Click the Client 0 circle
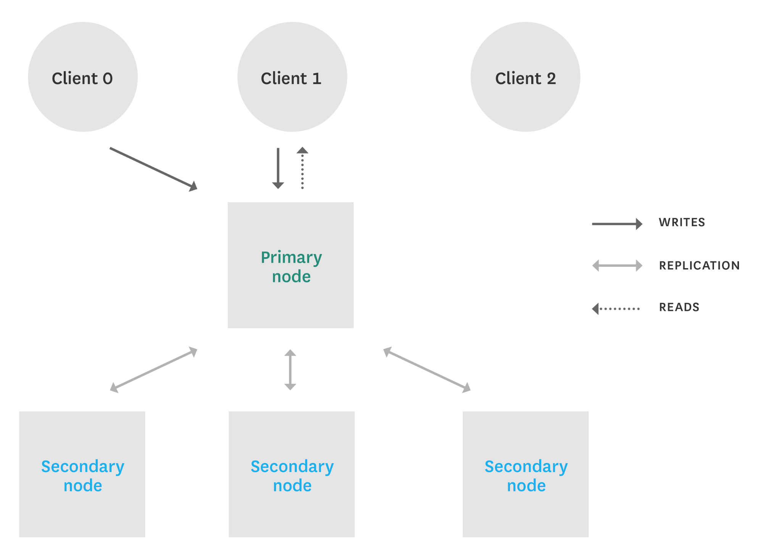tap(83, 77)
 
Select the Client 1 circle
tap(292, 77)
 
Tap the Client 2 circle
tap(525, 77)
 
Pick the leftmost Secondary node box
tap(82, 474)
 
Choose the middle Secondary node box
tap(292, 474)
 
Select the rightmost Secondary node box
tap(526, 474)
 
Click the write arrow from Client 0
tap(153, 169)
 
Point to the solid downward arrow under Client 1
tap(278, 168)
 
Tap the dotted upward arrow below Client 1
tap(302, 168)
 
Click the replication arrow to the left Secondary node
tap(153, 370)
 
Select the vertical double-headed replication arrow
tap(290, 370)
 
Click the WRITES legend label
tap(682, 222)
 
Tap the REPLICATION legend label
tap(699, 266)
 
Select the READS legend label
tap(679, 307)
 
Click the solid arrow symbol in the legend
tap(617, 224)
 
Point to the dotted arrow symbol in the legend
tap(616, 308)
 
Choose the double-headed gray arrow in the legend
tap(617, 265)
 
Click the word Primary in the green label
tap(291, 258)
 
